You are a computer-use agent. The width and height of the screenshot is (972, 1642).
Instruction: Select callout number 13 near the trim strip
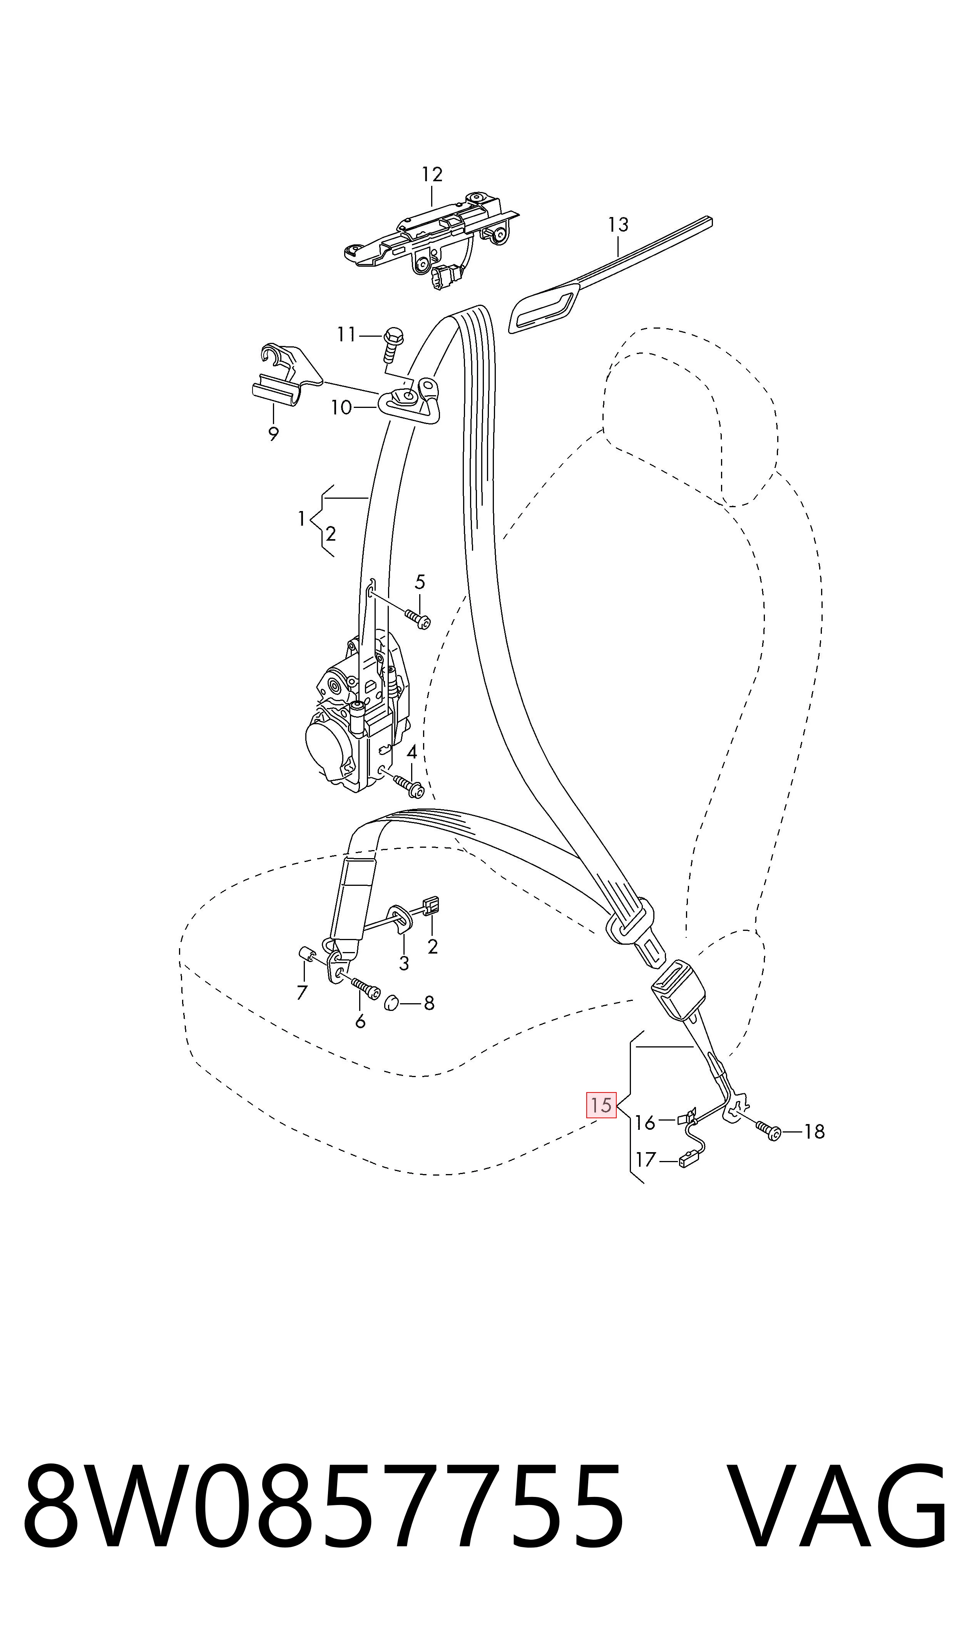pyautogui.click(x=617, y=225)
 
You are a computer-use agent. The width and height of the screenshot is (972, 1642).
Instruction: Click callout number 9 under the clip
pyautogui.click(x=273, y=433)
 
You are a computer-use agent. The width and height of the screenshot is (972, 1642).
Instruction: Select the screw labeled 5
pyautogui.click(x=417, y=618)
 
